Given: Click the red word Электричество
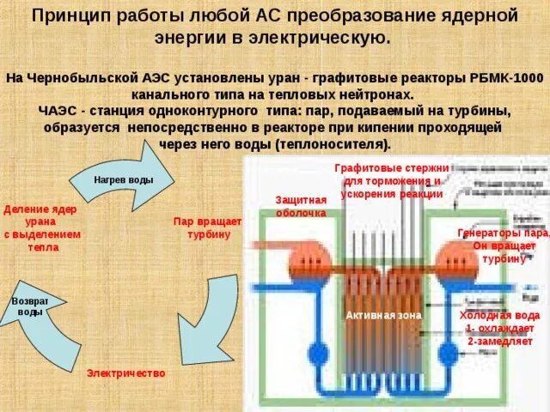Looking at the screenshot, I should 125,374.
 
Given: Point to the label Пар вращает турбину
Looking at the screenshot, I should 207,227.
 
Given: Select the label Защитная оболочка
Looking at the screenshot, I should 301,206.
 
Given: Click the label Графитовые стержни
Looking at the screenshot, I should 391,167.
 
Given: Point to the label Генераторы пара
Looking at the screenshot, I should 504,233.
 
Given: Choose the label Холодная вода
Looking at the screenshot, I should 499,315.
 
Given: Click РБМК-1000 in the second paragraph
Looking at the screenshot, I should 508,78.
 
